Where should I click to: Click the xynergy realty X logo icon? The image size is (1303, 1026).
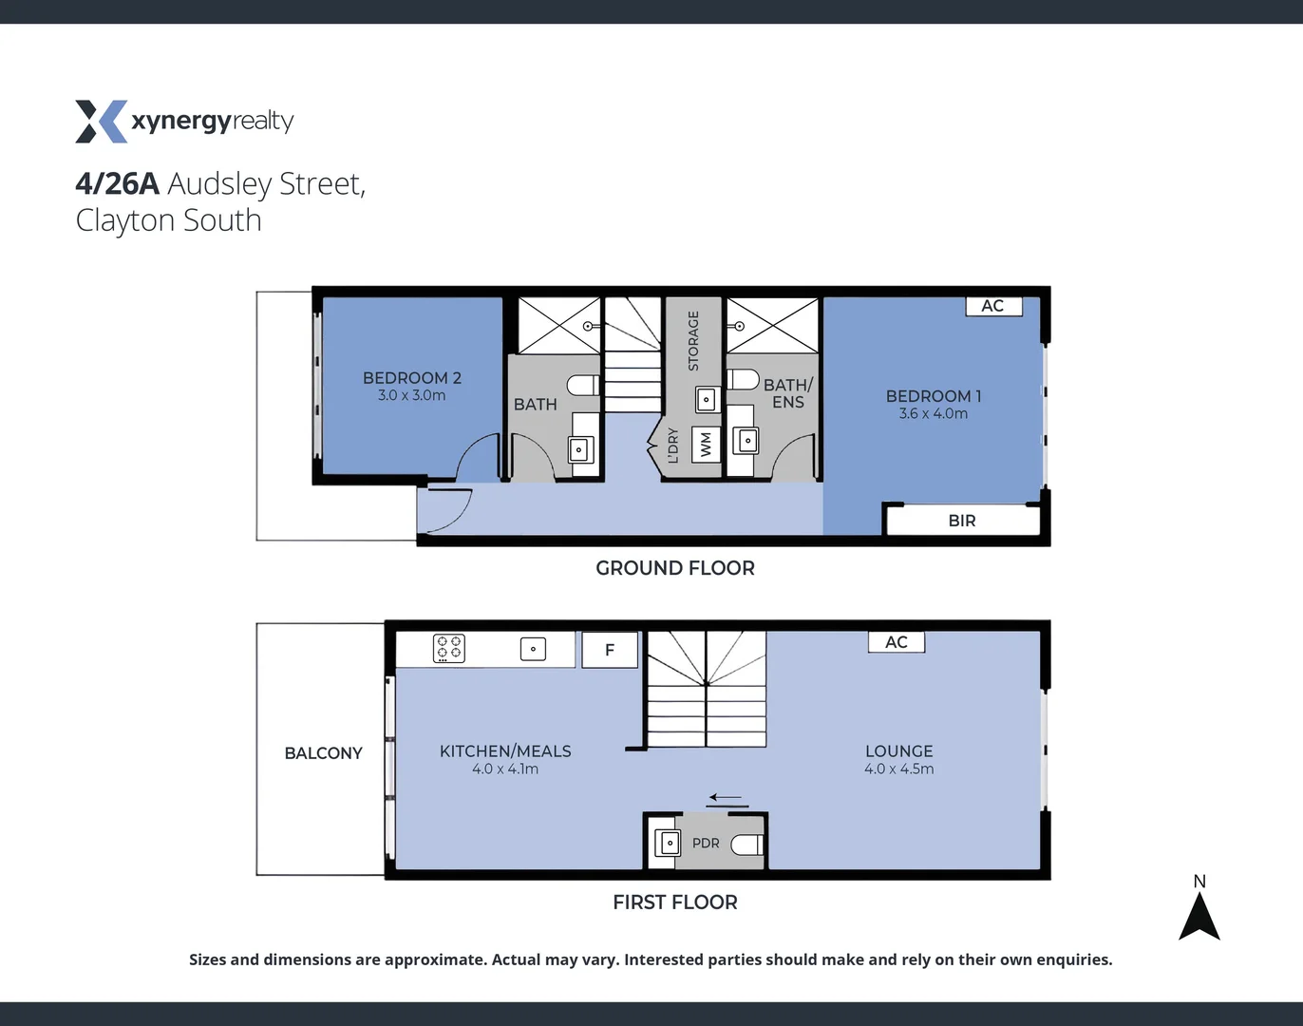point(101,122)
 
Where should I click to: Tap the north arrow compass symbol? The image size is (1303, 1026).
point(1199,917)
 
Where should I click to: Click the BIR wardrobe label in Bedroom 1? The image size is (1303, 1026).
point(962,521)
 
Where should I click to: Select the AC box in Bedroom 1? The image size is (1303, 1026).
point(993,306)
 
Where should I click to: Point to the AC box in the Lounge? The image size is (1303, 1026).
point(897,642)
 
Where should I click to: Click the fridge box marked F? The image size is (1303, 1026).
point(609,650)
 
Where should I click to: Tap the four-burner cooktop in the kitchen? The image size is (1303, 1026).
point(448,649)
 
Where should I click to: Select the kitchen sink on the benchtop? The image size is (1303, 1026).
point(533,649)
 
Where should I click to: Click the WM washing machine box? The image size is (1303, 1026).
point(706,445)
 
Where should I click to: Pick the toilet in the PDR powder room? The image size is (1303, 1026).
point(747,844)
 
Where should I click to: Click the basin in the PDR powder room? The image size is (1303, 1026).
point(669,843)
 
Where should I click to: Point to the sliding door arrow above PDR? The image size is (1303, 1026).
point(726,798)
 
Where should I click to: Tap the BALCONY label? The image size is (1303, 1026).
point(323,753)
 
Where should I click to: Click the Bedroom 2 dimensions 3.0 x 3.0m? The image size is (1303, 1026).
point(411,396)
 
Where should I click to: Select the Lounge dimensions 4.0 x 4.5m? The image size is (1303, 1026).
point(898,769)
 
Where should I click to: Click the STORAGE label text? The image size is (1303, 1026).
point(693,341)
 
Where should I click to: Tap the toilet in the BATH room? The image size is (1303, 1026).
point(582,385)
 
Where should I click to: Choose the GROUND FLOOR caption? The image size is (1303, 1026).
point(674,568)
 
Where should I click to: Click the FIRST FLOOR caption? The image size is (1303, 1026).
point(674,902)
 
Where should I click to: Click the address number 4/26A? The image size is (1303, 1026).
point(117,183)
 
